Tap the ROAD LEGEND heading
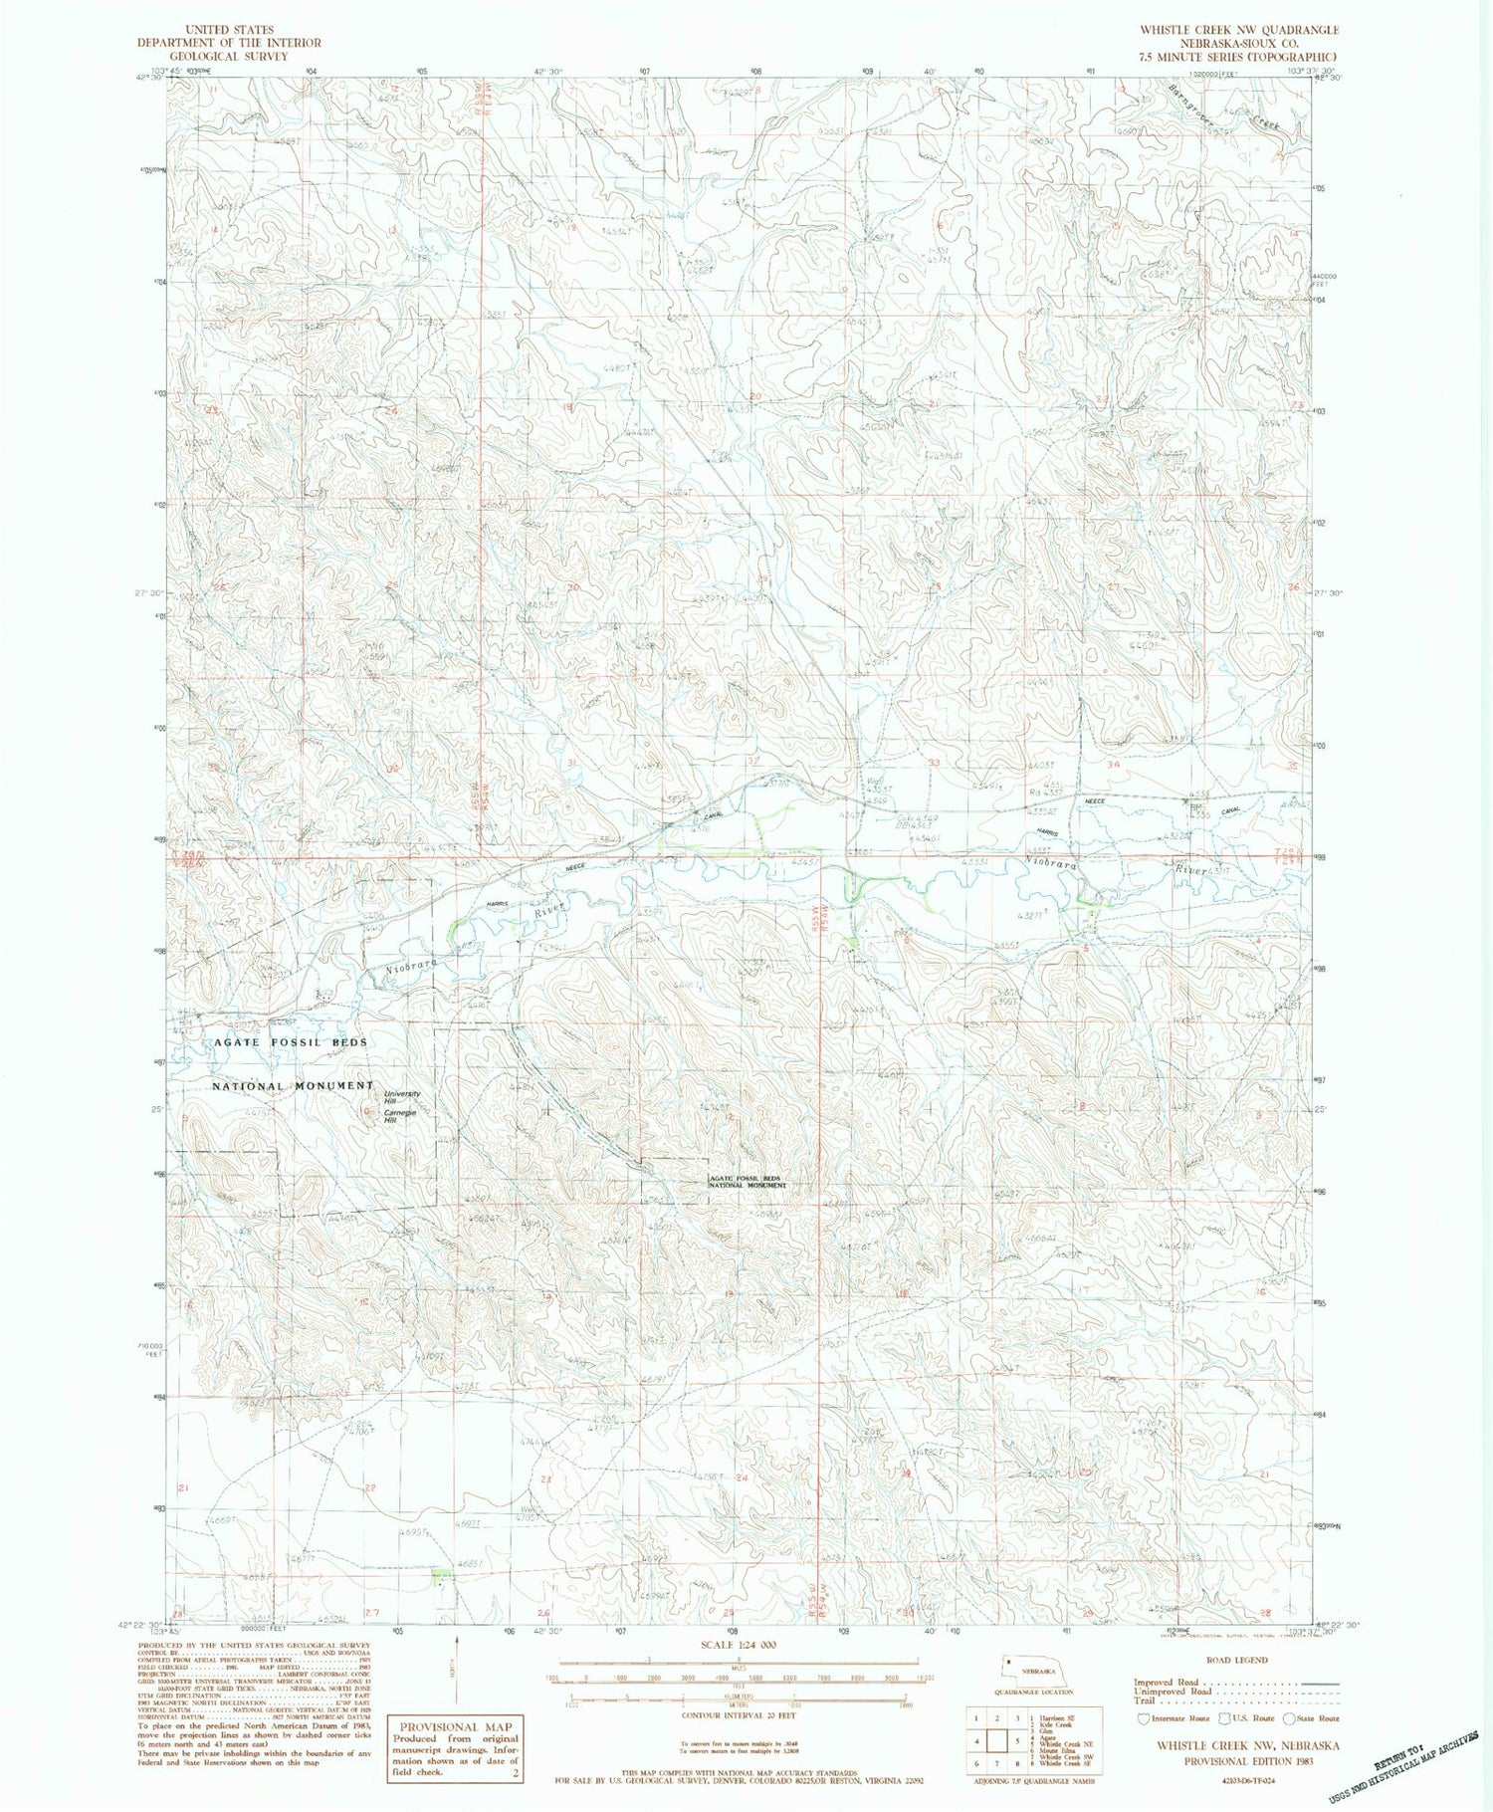(1236, 1660)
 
